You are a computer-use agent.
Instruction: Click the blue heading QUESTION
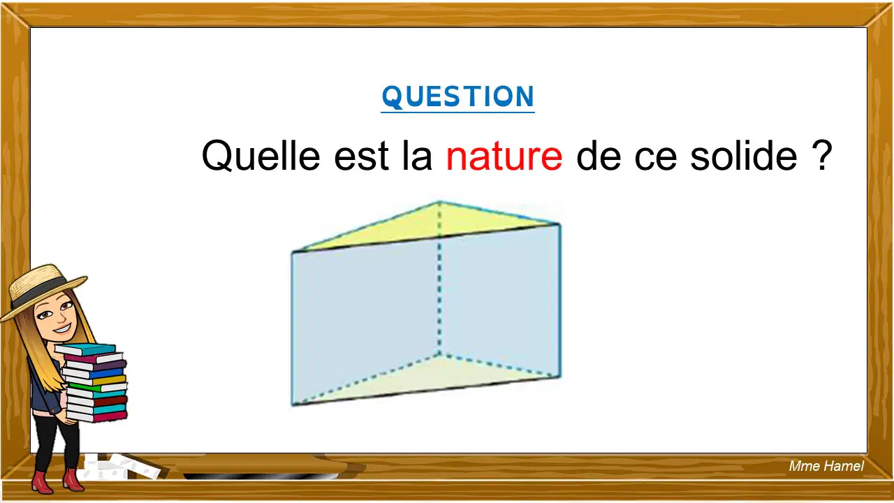[x=457, y=96]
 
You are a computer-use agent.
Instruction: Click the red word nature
[x=504, y=156]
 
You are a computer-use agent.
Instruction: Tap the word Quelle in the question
[x=261, y=155]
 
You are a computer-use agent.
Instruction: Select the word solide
[x=744, y=155]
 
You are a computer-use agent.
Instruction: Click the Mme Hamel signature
[x=826, y=466]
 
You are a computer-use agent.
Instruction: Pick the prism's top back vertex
[x=440, y=202]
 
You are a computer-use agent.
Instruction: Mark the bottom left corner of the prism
[x=293, y=404]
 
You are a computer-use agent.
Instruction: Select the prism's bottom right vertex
[x=559, y=377]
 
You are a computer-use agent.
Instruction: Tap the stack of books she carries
[x=94, y=382]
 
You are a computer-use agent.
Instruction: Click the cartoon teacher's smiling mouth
[x=64, y=329]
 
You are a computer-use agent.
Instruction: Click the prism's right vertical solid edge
[x=559, y=300]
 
